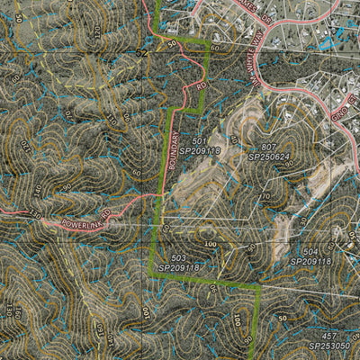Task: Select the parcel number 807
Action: click(x=269, y=147)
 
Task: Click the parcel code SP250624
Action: click(x=270, y=157)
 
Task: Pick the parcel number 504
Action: click(x=311, y=252)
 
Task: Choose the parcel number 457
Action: click(x=329, y=335)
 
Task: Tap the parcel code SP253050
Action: click(x=329, y=345)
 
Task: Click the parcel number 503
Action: click(x=178, y=257)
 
